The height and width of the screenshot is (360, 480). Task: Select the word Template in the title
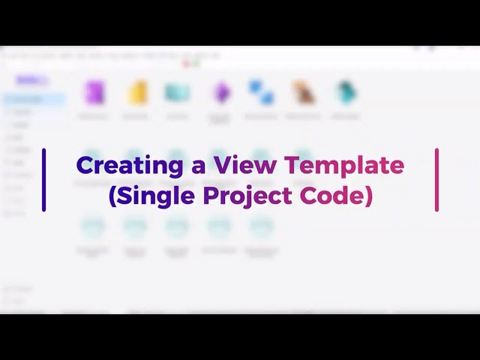pos(344,166)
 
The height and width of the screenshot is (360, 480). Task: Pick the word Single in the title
pos(159,195)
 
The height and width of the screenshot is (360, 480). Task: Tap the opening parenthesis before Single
pos(112,196)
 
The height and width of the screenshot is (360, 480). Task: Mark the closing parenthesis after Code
pos(368,196)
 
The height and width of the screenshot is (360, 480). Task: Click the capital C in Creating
pos(84,166)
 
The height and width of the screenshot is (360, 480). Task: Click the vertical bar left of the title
pos(44,180)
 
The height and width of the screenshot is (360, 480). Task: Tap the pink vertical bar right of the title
pos(436,180)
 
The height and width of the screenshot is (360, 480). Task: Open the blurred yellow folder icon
pos(136,93)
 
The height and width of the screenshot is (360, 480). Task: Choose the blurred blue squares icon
pos(262,93)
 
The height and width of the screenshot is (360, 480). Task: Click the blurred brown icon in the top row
pos(304,93)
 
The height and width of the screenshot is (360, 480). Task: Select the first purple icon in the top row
pos(94,93)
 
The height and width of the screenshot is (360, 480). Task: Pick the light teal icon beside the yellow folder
pos(178,93)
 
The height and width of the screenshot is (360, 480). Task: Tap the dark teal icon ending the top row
pos(346,93)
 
